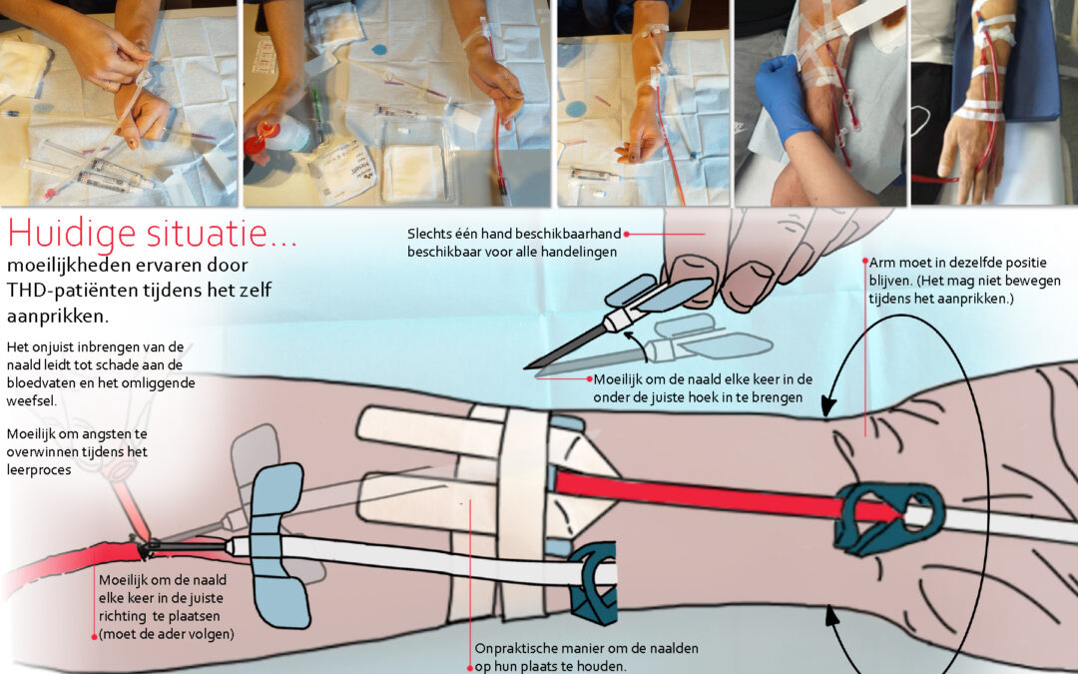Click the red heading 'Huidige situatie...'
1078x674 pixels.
(153, 233)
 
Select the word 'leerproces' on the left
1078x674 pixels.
(39, 470)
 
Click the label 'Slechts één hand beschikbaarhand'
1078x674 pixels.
(514, 235)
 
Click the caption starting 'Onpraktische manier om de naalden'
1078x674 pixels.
(586, 657)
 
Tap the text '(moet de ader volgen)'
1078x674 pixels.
(167, 634)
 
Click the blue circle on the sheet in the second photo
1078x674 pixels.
(379, 50)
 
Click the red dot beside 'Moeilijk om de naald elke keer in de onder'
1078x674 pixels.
(589, 379)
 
